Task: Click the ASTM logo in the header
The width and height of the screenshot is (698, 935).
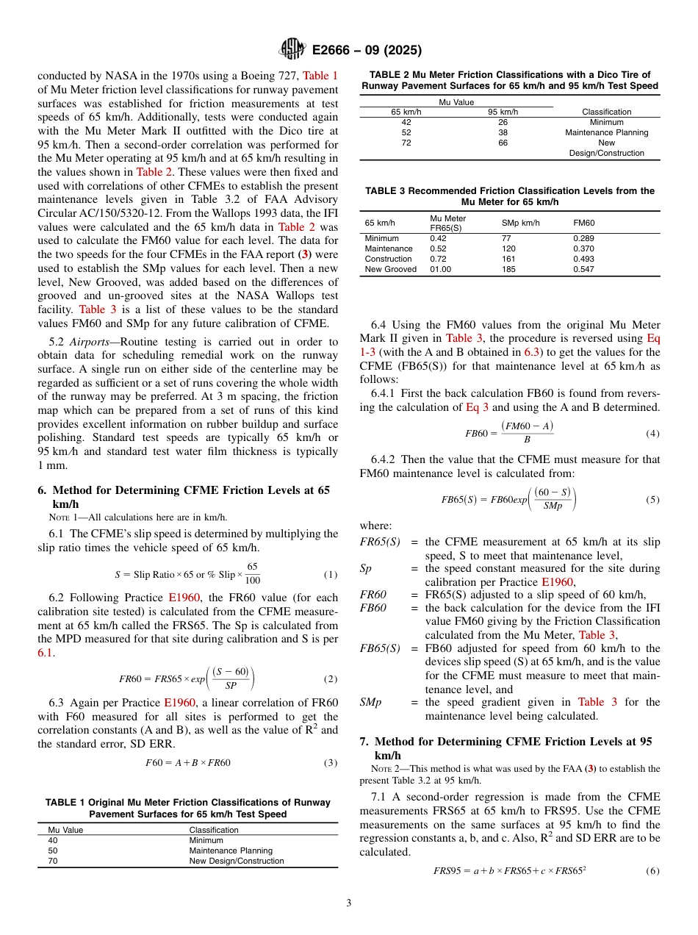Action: (x=293, y=50)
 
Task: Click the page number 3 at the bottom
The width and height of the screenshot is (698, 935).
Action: (x=348, y=903)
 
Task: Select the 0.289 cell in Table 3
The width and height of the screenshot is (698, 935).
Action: (x=583, y=238)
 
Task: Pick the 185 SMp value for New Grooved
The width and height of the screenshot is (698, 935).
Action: (x=509, y=269)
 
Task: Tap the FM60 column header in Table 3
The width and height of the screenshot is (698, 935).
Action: (x=584, y=223)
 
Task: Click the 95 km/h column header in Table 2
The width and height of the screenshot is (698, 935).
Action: (x=503, y=112)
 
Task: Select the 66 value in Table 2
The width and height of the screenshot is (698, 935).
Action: (x=503, y=143)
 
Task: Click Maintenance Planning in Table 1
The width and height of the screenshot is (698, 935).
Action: (x=230, y=850)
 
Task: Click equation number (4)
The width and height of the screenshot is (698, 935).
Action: (x=652, y=434)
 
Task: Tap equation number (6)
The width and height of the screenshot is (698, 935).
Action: (x=652, y=871)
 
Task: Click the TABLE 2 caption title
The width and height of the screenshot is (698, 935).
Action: (x=509, y=80)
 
